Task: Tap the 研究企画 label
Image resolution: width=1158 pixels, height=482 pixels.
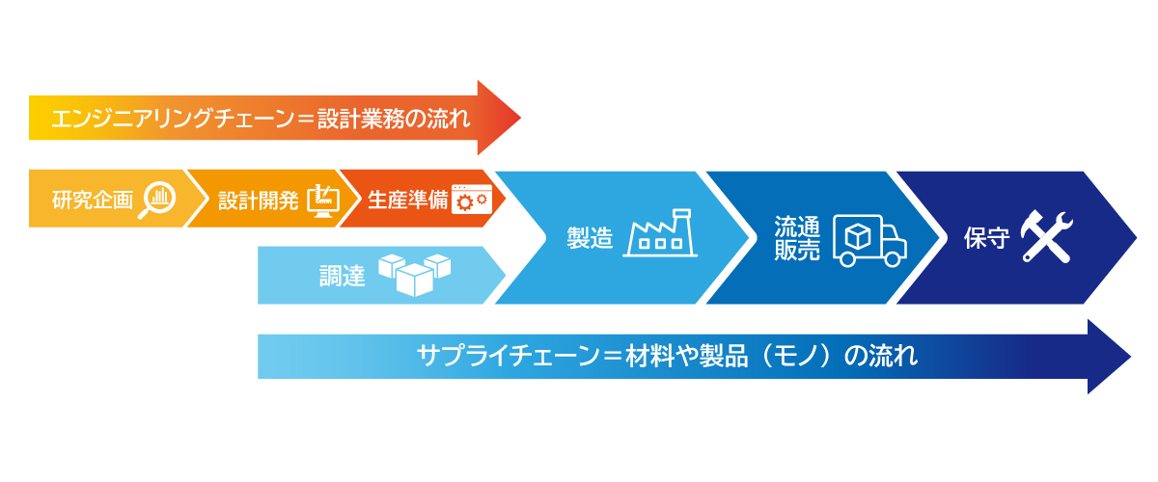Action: coord(93,201)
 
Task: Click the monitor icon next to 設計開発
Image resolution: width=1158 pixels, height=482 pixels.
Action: coord(324,200)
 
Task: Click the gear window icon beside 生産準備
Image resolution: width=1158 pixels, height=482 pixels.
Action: coord(472,200)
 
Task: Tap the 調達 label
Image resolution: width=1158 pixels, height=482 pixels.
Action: coord(342,276)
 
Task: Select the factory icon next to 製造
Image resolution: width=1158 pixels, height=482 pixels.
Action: coord(661,234)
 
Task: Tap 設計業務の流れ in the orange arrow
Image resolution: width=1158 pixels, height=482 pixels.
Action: coord(393,119)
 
